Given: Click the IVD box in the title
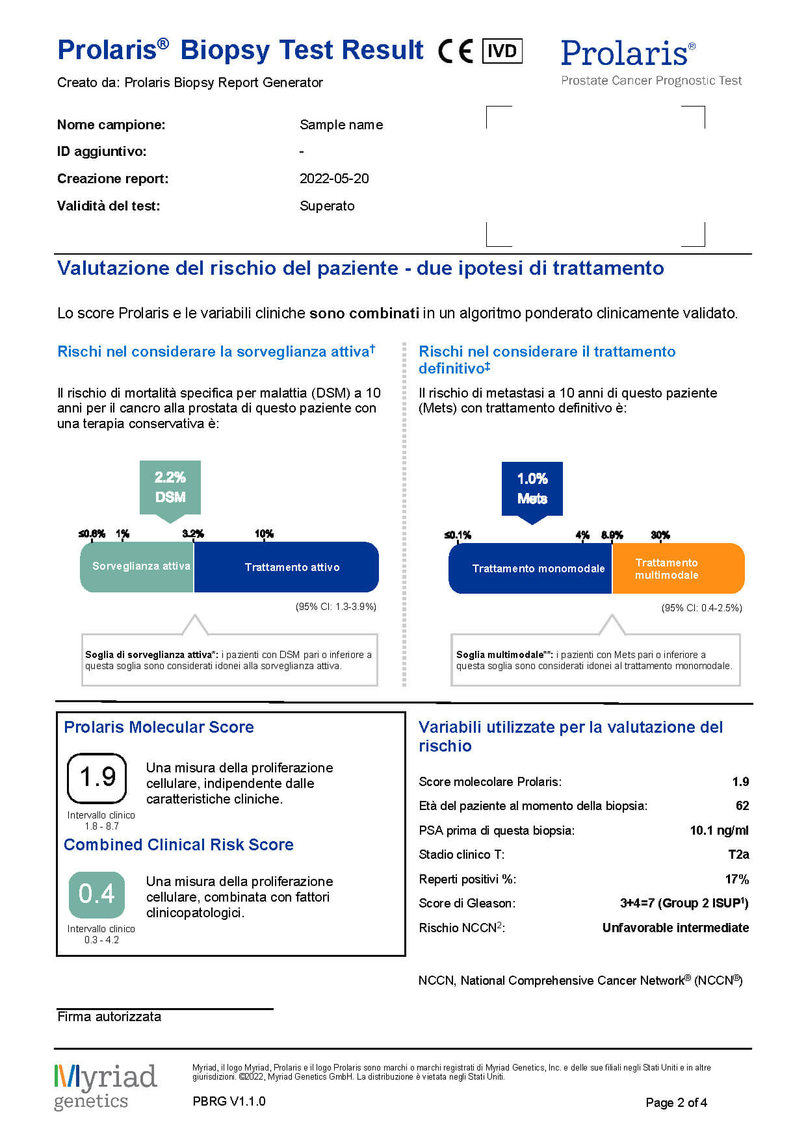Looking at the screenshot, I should pyautogui.click(x=502, y=51).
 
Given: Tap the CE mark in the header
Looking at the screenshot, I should pyautogui.click(x=456, y=51).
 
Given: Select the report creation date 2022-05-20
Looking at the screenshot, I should pyautogui.click(x=334, y=179).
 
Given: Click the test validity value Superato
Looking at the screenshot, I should pyautogui.click(x=327, y=206).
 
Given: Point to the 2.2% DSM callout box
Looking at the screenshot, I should pyautogui.click(x=170, y=487).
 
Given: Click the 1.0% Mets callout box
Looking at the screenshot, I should pyautogui.click(x=532, y=488).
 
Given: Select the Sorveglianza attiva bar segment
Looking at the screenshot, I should pyautogui.click(x=137, y=566).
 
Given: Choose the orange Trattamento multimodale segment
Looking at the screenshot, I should pyautogui.click(x=678, y=568).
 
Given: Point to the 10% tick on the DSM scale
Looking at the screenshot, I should pyautogui.click(x=264, y=534).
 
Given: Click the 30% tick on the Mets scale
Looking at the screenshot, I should pyautogui.click(x=660, y=535).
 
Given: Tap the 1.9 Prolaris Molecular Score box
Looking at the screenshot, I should pyautogui.click(x=97, y=778).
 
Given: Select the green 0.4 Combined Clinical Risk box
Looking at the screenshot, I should pyautogui.click(x=97, y=894).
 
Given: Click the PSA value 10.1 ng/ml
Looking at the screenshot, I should pyautogui.click(x=719, y=830).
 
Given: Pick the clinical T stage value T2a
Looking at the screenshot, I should pyautogui.click(x=738, y=854).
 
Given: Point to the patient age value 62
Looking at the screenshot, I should pyautogui.click(x=742, y=805).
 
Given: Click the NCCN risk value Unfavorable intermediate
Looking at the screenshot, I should pyautogui.click(x=675, y=928).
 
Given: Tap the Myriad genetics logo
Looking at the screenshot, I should pyautogui.click(x=105, y=1086).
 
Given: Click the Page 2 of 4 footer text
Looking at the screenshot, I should pyautogui.click(x=676, y=1102).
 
